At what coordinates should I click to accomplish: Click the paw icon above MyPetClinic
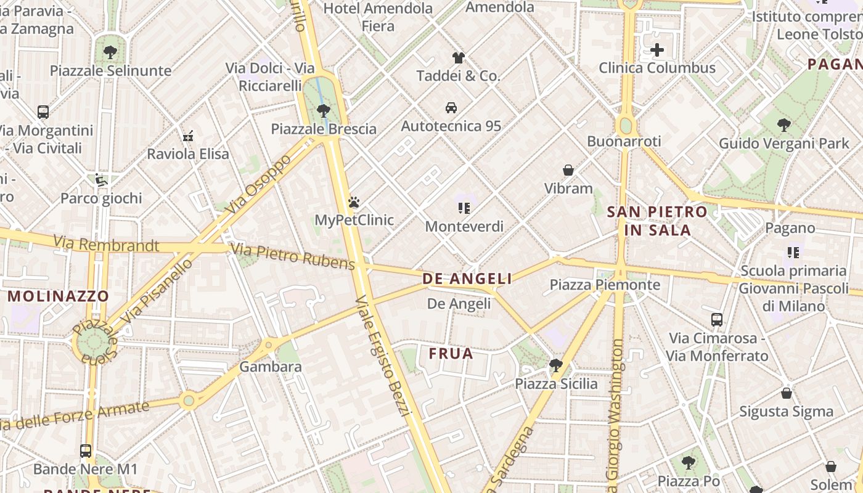tap(353, 202)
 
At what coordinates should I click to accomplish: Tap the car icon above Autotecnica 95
tap(451, 108)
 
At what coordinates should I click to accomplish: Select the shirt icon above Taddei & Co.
tap(458, 58)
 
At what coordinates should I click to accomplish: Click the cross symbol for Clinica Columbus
tap(657, 50)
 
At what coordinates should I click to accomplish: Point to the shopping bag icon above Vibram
tap(568, 170)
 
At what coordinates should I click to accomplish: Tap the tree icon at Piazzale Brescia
tap(323, 111)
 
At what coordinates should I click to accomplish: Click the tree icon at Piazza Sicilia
tap(556, 365)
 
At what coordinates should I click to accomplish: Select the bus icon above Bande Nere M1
tap(86, 451)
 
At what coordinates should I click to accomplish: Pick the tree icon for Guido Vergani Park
tap(784, 126)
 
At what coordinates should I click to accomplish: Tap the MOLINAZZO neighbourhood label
tap(58, 296)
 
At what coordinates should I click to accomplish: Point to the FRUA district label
tap(451, 354)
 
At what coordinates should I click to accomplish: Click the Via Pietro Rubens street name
tap(292, 256)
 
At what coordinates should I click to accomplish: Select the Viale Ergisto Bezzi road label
tap(383, 356)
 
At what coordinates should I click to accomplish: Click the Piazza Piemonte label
tap(605, 285)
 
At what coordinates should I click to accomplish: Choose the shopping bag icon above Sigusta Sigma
tap(787, 393)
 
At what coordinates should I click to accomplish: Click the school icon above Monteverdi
tap(464, 208)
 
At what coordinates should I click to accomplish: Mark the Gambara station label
tap(271, 367)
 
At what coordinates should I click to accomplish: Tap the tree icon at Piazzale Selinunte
tap(110, 52)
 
